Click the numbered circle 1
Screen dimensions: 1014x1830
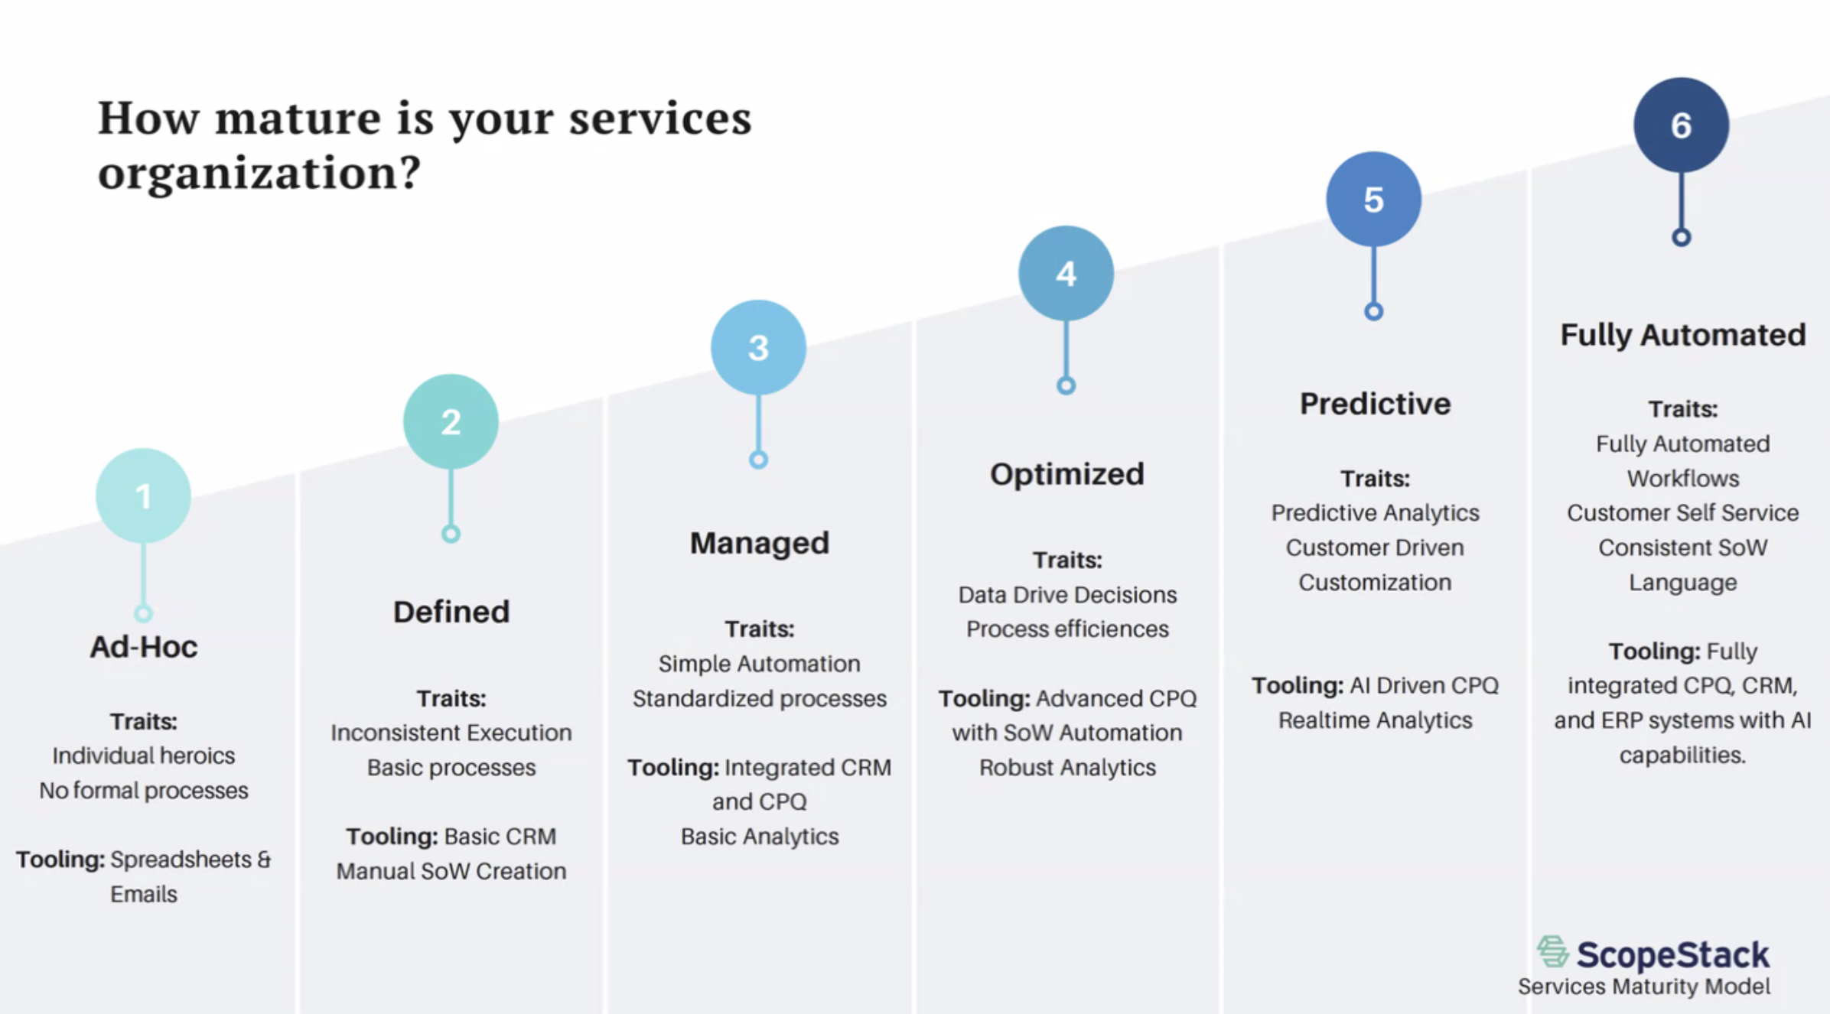143,496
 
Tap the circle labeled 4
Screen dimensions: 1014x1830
1066,273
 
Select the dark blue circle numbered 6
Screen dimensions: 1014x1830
1681,125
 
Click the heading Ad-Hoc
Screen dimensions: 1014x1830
144,647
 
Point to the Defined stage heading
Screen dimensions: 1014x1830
451,612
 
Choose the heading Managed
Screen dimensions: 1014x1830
759,543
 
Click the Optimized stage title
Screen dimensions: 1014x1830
1067,474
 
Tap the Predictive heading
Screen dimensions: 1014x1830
1375,404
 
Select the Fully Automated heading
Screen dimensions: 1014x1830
1682,335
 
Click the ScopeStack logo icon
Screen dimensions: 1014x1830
1552,951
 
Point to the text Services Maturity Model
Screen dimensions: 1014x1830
1643,986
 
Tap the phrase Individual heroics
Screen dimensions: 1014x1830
144,756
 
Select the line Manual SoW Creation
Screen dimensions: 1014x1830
451,871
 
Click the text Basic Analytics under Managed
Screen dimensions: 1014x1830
759,837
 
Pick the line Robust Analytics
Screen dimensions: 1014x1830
1067,767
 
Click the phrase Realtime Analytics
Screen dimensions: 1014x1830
1375,720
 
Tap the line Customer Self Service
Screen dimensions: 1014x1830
1682,512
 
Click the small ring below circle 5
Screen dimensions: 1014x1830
1373,311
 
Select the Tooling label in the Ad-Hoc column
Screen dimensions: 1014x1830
60,860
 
